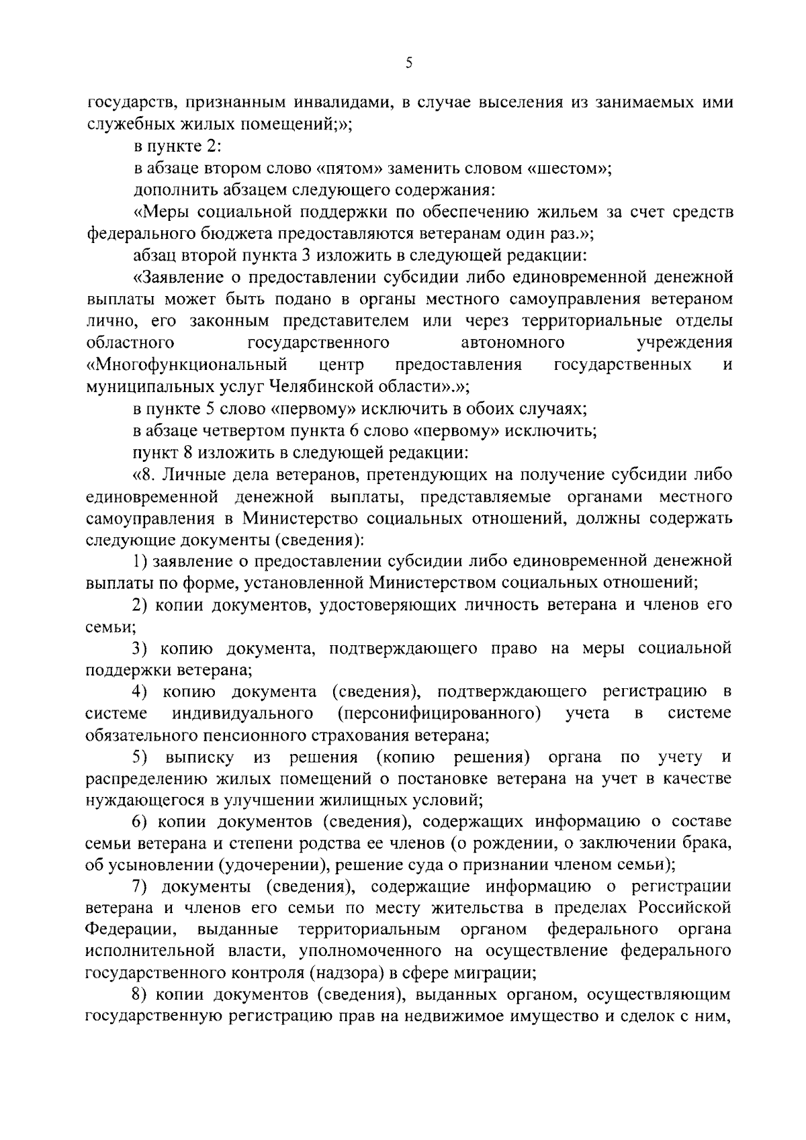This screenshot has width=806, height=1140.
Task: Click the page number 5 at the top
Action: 409,63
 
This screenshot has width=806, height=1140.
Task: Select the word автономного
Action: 513,343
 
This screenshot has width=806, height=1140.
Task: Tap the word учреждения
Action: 684,343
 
